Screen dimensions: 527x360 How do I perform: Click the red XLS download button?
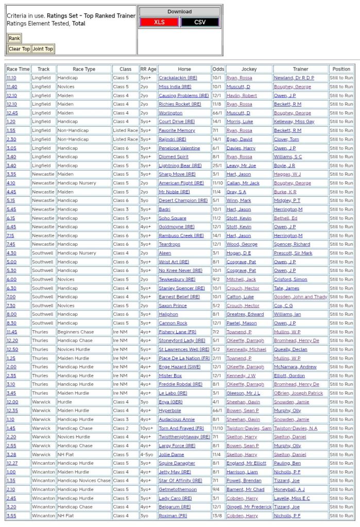point(159,22)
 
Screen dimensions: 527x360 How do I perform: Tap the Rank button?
point(14,38)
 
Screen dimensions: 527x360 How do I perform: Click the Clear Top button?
point(19,49)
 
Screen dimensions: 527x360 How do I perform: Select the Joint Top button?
point(43,49)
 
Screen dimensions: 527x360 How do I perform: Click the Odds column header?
point(218,69)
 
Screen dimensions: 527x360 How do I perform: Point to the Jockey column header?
point(249,69)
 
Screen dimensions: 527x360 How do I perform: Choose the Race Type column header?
point(84,69)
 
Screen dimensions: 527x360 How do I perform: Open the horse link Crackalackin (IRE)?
point(178,78)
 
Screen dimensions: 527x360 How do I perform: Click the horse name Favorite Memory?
point(177,130)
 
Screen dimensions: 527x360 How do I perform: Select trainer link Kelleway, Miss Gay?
point(294,122)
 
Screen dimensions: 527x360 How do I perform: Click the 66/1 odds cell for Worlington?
point(218,113)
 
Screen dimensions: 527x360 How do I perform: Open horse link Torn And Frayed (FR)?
point(181,428)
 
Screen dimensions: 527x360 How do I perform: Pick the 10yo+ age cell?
point(148,428)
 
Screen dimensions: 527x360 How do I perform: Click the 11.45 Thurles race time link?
point(11,332)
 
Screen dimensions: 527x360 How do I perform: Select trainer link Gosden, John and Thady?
point(300,297)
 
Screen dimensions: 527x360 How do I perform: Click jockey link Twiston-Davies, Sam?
point(249,428)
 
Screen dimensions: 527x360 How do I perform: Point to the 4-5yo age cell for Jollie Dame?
point(148,454)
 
